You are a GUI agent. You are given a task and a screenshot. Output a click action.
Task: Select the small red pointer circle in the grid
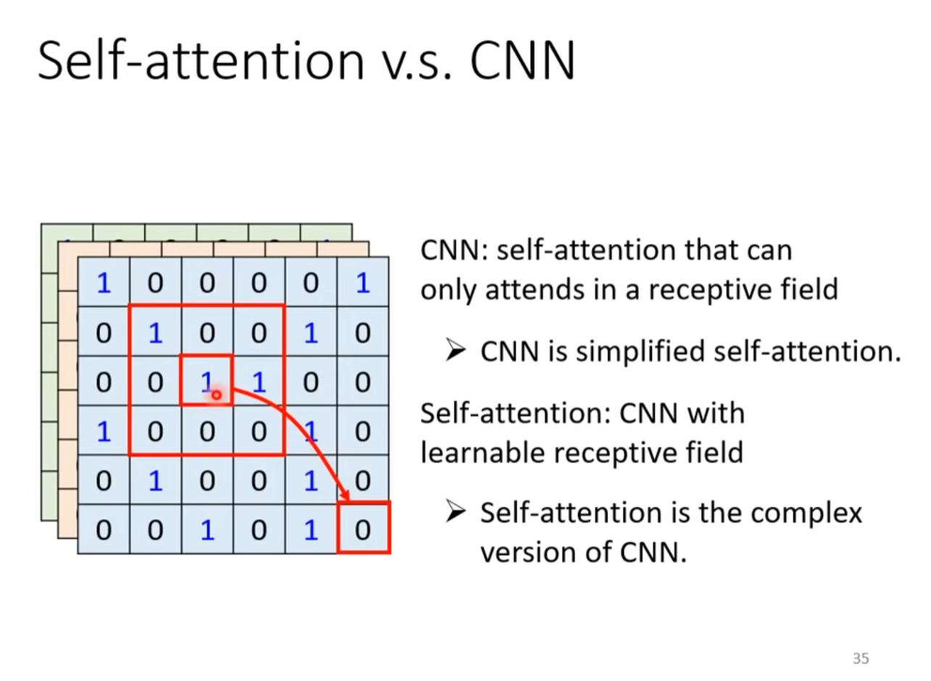point(216,395)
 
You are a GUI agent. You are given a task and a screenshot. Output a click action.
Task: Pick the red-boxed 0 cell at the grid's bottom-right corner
point(364,528)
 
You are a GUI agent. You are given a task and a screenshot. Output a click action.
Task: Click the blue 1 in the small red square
point(206,381)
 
